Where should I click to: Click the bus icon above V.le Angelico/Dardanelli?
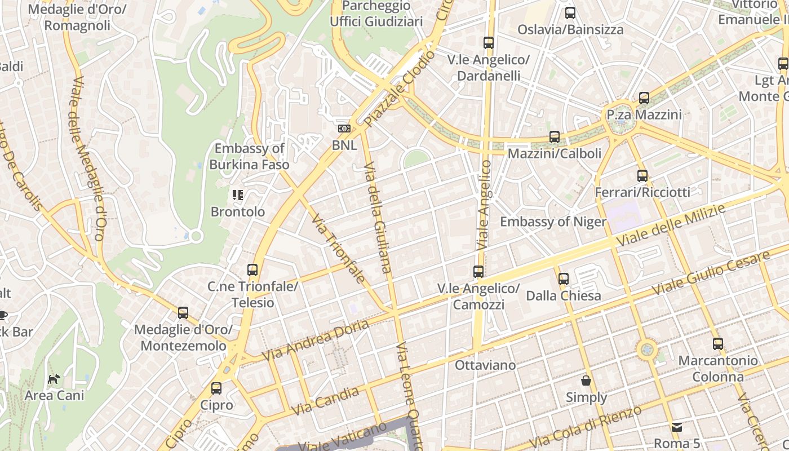coord(489,43)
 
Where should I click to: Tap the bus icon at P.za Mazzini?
coord(644,98)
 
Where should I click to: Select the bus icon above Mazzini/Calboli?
coord(555,137)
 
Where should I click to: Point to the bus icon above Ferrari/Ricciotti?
coord(642,176)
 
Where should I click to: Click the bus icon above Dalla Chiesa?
coord(564,279)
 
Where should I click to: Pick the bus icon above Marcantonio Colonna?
coord(718,344)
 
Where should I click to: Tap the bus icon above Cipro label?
coord(216,388)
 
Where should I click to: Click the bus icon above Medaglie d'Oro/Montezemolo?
coord(183,313)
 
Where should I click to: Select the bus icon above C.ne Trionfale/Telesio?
coord(252,270)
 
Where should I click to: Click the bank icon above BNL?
coord(344,129)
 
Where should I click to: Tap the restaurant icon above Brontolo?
coord(238,196)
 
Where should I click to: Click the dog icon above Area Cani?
coord(54,379)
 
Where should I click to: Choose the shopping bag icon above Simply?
coord(586,381)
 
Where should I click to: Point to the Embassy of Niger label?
coord(553,222)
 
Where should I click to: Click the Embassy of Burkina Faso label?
coord(249,157)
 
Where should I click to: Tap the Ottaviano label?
coord(485,365)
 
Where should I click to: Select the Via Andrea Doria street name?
coord(316,340)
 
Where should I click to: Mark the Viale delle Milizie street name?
coord(671,225)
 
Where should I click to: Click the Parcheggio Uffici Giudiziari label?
coord(376,14)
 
